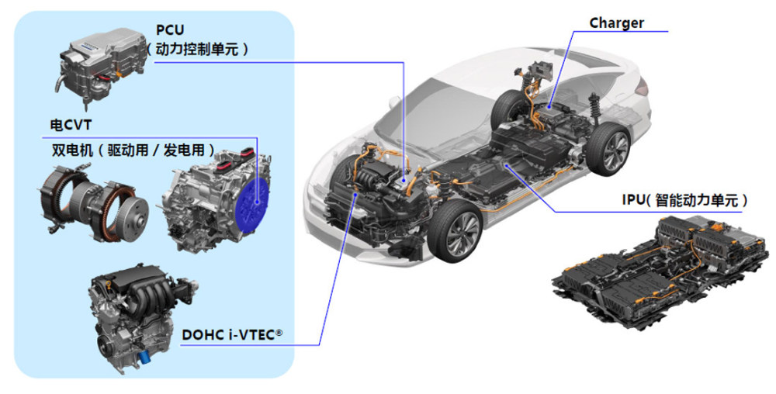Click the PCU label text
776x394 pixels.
coord(170,29)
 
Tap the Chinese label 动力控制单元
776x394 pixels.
coord(197,49)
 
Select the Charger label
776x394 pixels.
coord(616,22)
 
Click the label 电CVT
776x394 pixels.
coord(71,125)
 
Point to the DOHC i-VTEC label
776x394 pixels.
coord(231,335)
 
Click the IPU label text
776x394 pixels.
coord(634,200)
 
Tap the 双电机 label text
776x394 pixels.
coord(72,150)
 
